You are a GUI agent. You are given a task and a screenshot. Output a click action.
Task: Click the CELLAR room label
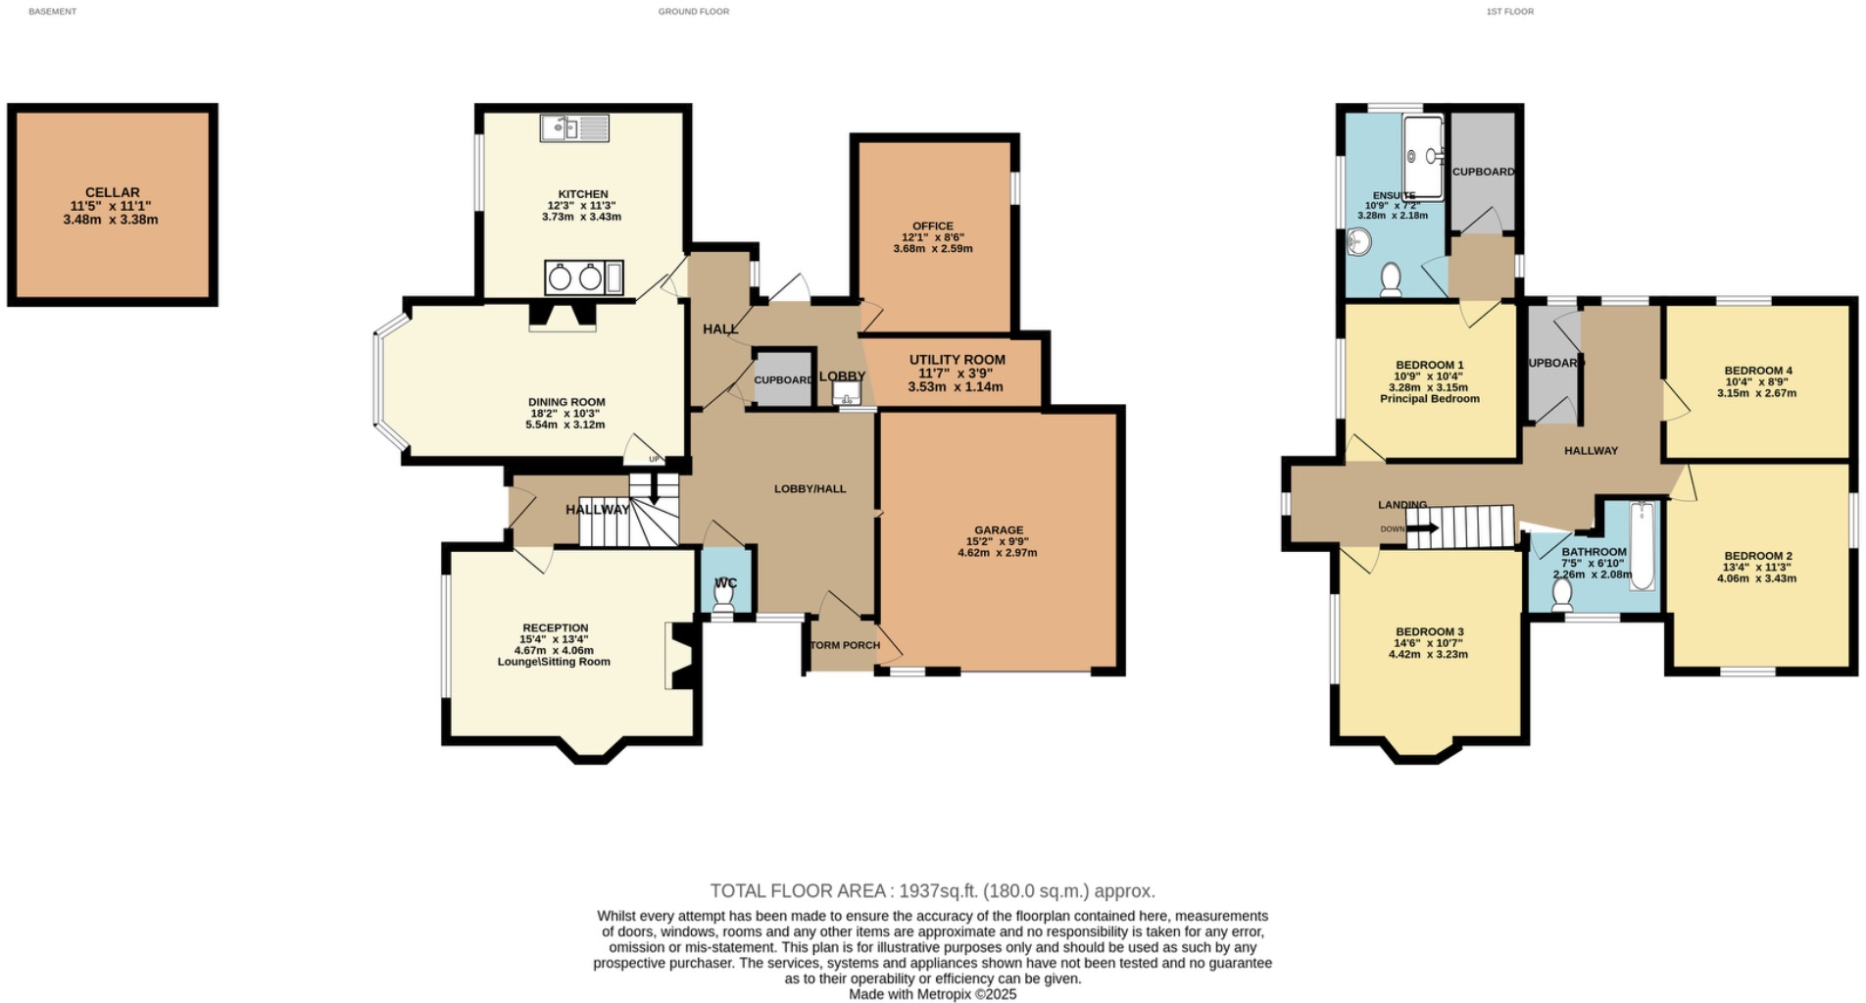tap(112, 193)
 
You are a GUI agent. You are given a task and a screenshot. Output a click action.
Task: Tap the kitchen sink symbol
tap(574, 128)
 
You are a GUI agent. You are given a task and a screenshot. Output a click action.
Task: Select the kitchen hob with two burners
tap(575, 278)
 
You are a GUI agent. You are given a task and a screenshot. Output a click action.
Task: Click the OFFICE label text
tap(932, 226)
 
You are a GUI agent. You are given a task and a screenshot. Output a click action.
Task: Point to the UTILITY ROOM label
tap(957, 360)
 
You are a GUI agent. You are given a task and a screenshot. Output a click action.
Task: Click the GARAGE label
tap(998, 530)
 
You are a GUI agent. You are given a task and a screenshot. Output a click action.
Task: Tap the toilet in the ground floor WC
tap(723, 598)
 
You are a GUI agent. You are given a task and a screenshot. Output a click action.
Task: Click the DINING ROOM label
tap(566, 402)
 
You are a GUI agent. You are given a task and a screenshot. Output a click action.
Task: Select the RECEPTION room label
tap(555, 628)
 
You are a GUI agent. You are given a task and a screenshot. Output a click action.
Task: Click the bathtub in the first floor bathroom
tap(1643, 546)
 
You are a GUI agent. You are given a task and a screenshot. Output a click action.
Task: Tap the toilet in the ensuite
tap(1390, 279)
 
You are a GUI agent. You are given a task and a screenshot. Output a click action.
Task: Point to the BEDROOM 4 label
tap(1757, 371)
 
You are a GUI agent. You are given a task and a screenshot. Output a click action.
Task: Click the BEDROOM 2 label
tap(1757, 556)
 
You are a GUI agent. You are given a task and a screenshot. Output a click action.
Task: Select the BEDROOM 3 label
tap(1429, 632)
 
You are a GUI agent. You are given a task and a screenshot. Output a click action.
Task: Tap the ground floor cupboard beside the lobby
tap(782, 378)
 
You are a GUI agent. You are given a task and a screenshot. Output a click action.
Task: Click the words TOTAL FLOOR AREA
tap(797, 891)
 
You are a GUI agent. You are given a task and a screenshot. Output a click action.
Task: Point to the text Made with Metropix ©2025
tap(932, 994)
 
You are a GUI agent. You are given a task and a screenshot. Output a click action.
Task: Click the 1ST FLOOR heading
tap(1509, 12)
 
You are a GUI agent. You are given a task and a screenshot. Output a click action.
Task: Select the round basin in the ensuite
tap(1360, 242)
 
